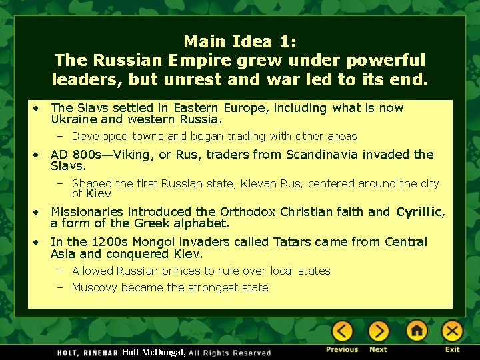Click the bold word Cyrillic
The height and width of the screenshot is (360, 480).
coord(419,212)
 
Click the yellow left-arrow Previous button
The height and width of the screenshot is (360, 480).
coord(342,331)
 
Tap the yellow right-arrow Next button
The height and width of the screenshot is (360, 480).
coord(378,331)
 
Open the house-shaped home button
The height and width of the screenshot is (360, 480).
coord(417,331)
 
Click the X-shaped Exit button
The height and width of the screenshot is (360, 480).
coord(452,331)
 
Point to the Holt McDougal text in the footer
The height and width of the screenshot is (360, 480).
coord(154,352)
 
